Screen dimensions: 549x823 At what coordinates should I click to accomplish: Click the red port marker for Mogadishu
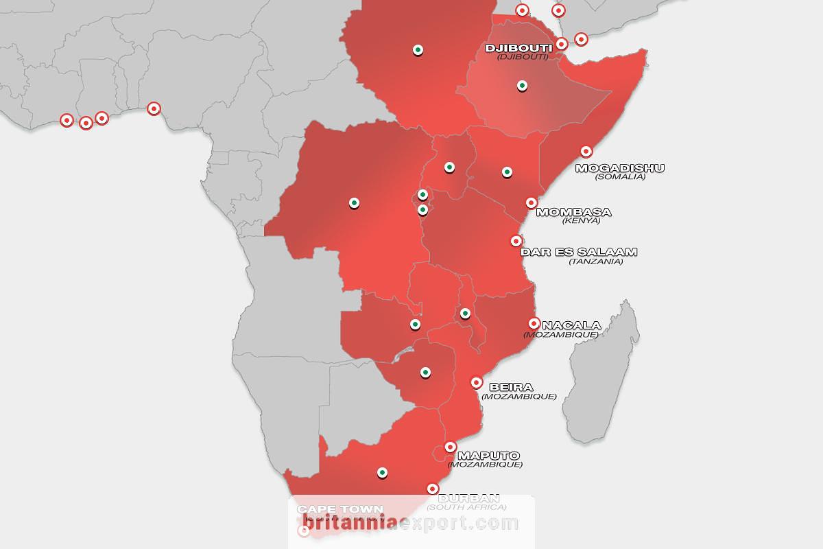tap(586, 152)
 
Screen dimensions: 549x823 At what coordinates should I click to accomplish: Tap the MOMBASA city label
tap(573, 212)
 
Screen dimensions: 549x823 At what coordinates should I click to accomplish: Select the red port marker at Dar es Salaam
tap(516, 241)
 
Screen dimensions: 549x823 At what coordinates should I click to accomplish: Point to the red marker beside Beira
tap(477, 382)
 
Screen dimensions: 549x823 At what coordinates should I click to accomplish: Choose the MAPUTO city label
tap(488, 455)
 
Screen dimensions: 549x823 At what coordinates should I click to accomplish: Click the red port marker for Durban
tap(433, 489)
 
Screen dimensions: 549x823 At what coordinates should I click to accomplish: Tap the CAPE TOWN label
tap(331, 509)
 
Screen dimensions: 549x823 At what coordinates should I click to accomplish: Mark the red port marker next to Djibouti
tap(561, 44)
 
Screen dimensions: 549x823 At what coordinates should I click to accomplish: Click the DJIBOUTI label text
tap(518, 48)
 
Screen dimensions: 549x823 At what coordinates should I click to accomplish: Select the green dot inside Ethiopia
tap(522, 86)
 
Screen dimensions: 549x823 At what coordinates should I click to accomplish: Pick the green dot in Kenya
tap(507, 172)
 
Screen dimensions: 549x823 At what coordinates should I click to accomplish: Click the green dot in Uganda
tap(449, 167)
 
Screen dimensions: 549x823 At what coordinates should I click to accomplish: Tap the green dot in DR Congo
tap(354, 202)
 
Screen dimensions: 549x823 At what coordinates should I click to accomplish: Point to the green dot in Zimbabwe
tap(425, 373)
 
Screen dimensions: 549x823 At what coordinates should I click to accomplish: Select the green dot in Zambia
tap(415, 324)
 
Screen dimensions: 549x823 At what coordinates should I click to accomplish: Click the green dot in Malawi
tap(465, 314)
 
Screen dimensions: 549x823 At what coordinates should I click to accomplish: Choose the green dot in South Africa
tap(382, 472)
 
